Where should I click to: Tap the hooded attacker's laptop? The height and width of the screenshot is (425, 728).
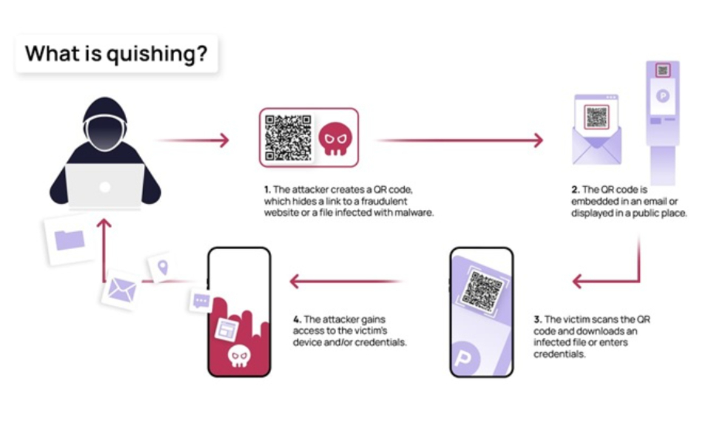coord(105,186)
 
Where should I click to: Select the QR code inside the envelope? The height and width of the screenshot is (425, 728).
coord(596,117)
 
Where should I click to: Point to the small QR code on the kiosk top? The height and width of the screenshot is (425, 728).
coord(662,70)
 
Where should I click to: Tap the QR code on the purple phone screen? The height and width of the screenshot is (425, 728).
coord(481,291)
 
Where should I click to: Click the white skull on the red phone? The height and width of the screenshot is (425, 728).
coord(237,356)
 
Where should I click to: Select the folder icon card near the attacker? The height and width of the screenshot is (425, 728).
coord(70,240)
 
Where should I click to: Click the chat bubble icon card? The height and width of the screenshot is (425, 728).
coord(200,301)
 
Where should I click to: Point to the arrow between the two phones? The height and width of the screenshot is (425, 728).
coord(346,281)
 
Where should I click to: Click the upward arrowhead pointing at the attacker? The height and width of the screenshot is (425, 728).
coord(105,225)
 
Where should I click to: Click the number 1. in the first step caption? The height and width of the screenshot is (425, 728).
coord(268,189)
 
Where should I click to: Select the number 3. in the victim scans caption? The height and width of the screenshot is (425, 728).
coord(538,319)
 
